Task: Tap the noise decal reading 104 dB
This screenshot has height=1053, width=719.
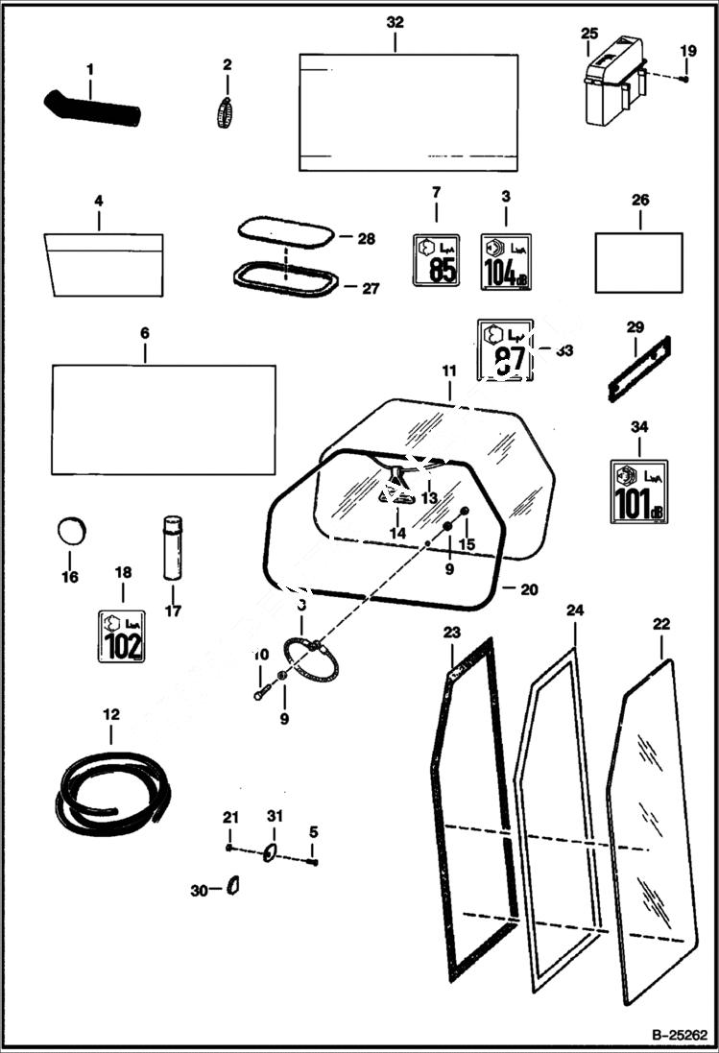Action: click(505, 259)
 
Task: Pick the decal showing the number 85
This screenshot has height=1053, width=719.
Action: click(436, 259)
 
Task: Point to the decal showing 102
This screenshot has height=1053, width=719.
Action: click(122, 635)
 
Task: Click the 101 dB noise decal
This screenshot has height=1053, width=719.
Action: click(639, 491)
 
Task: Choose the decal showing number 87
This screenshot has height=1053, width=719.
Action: click(504, 350)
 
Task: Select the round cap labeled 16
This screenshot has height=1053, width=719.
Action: click(71, 530)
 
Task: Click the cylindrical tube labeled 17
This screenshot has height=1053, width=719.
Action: click(173, 548)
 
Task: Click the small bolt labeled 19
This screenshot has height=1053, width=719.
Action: click(683, 78)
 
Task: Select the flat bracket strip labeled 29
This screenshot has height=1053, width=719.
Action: click(638, 370)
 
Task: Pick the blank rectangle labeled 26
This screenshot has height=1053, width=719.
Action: click(638, 262)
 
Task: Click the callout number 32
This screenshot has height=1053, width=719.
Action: click(395, 22)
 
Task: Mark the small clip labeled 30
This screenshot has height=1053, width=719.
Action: click(233, 885)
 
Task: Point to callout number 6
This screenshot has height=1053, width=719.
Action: click(145, 332)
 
